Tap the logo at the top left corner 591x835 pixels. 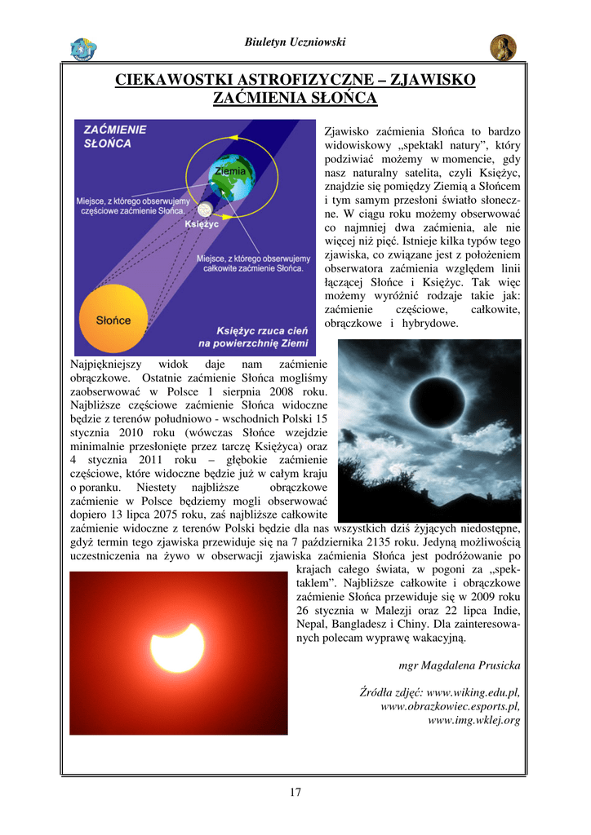click(82, 48)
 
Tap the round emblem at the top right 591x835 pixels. click(503, 47)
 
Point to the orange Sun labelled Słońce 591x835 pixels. click(113, 319)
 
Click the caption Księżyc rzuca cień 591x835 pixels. click(260, 330)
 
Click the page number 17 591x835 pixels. click(295, 791)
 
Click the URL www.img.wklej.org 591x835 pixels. click(474, 720)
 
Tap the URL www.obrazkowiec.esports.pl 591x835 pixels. click(450, 706)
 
